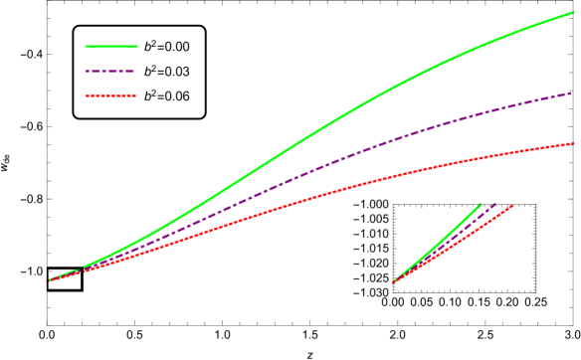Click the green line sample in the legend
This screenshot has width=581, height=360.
point(111,47)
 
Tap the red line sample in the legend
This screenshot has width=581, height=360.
point(110,96)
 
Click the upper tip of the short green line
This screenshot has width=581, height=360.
point(481,205)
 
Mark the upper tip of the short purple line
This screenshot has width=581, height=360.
point(495,204)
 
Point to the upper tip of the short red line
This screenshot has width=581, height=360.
point(511,206)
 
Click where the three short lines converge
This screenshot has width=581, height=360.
point(393,282)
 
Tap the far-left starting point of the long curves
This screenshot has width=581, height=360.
point(49,280)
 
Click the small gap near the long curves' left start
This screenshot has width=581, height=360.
point(82,270)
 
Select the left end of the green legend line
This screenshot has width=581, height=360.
point(86,47)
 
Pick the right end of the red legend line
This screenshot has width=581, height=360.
point(136,96)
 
